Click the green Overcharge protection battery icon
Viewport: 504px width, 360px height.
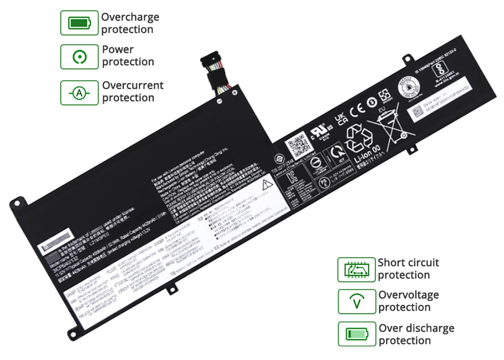pyautogui.click(x=79, y=23)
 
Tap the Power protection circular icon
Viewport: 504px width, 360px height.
pyautogui.click(x=79, y=56)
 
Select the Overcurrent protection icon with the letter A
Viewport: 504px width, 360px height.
pyautogui.click(x=79, y=93)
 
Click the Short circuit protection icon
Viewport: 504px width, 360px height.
pyautogui.click(x=356, y=269)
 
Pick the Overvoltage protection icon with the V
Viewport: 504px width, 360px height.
pyautogui.click(x=356, y=302)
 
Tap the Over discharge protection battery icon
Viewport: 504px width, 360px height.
pyautogui.click(x=356, y=334)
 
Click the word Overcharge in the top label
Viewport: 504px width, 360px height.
pyautogui.click(x=130, y=17)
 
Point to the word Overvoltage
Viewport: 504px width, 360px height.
pyautogui.click(x=409, y=295)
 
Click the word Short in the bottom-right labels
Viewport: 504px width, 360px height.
pyautogui.click(x=392, y=263)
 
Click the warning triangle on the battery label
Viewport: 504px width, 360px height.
pyautogui.click(x=266, y=183)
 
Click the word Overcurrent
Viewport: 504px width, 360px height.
pyautogui.click(x=133, y=86)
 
